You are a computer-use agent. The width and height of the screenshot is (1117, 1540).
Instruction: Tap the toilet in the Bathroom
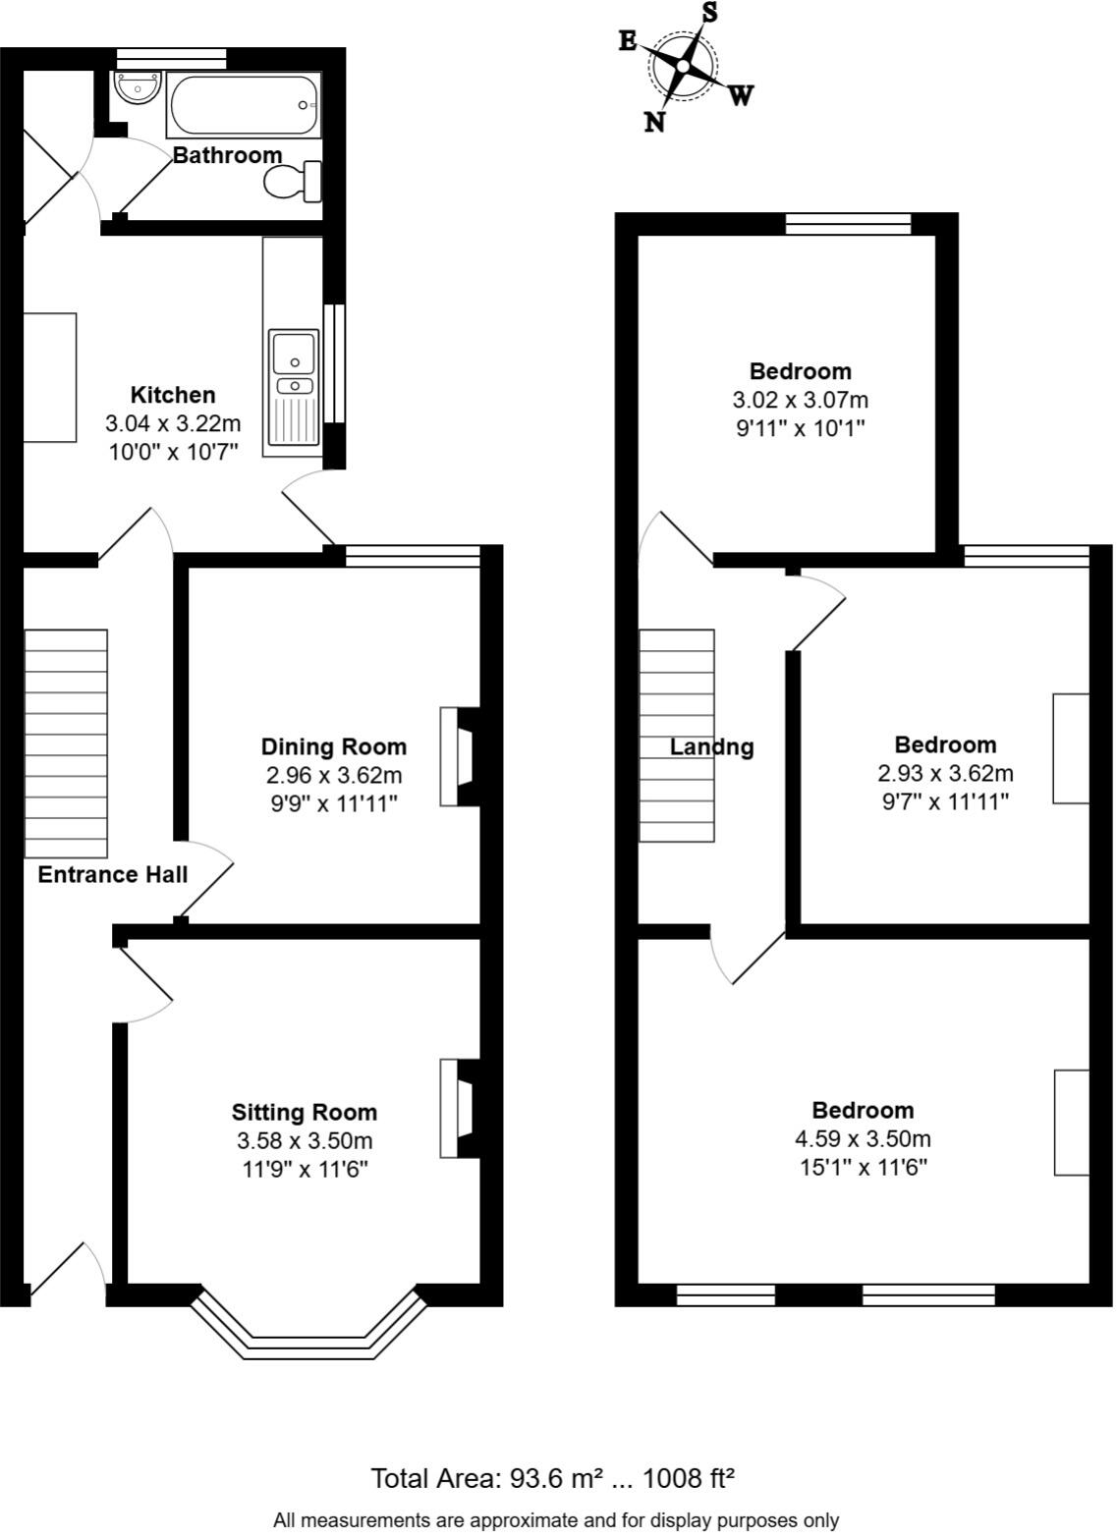coord(293,182)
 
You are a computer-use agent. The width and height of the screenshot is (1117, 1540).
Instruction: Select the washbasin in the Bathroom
coord(136,87)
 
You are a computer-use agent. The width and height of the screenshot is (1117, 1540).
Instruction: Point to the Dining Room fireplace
coord(459,756)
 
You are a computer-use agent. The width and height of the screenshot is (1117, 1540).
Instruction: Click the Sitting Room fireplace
coord(459,1108)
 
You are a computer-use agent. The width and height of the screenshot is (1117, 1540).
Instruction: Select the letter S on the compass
coord(708,13)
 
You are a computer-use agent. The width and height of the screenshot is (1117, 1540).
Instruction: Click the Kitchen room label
coord(173,395)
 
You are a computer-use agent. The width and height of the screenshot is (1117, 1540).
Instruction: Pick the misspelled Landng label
coord(711,747)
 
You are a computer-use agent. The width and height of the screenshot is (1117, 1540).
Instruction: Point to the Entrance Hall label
coord(112,875)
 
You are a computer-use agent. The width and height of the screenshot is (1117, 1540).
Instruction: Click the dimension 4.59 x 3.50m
coord(863,1139)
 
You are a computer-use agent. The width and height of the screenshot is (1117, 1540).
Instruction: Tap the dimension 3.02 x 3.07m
coord(800,401)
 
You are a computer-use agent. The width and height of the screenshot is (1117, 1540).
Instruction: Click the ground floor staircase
coord(66,742)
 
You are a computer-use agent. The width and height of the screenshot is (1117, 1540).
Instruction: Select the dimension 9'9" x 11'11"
coord(333,803)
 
